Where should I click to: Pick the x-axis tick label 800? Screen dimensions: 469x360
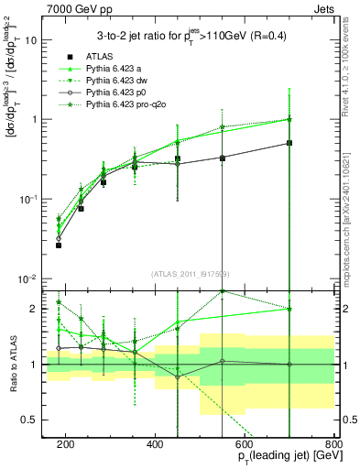coord(333,443)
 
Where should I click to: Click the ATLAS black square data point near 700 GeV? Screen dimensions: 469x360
coord(289,143)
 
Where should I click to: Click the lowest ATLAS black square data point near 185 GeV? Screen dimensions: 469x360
coord(59,245)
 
